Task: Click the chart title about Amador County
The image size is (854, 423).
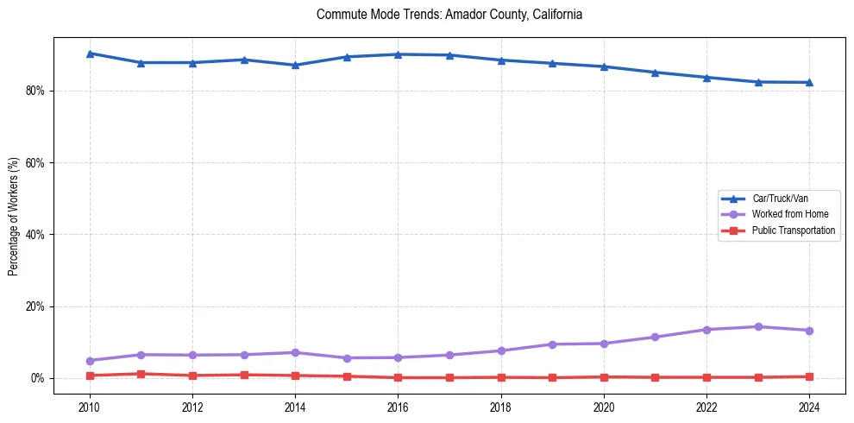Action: tap(449, 15)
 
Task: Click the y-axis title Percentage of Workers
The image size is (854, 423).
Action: tap(13, 216)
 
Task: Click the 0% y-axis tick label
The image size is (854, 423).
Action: tap(37, 378)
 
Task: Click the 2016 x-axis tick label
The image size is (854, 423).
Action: tap(398, 407)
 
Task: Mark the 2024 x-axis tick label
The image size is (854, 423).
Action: tap(809, 407)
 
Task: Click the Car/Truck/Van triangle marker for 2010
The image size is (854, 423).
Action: tap(90, 54)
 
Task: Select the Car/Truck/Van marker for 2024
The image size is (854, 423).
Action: tap(809, 82)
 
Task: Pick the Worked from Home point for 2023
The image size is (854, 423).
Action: tap(758, 326)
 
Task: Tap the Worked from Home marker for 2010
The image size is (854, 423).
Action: tap(90, 361)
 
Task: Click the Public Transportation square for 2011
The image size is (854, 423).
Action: tap(141, 374)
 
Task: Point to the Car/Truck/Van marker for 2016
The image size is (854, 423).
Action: tap(398, 54)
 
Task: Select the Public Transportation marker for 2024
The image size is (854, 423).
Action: tap(809, 376)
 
